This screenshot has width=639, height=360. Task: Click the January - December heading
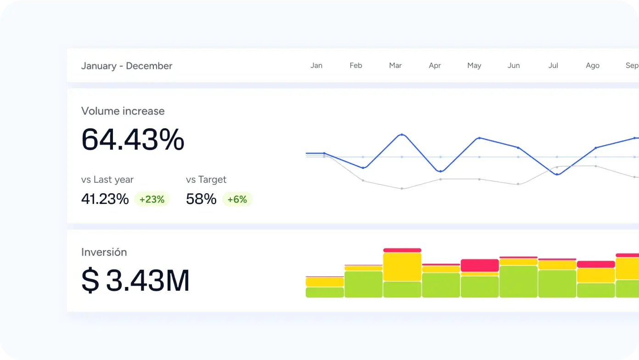click(x=127, y=66)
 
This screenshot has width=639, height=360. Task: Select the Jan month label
click(x=316, y=65)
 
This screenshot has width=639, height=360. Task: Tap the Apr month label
click(x=435, y=65)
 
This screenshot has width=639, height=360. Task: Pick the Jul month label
click(x=553, y=65)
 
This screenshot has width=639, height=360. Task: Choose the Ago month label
click(x=593, y=65)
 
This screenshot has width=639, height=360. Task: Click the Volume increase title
click(x=123, y=111)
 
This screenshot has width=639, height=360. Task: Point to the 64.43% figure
click(x=133, y=140)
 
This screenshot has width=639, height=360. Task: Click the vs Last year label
click(x=107, y=180)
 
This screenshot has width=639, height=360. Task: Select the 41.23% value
click(x=105, y=199)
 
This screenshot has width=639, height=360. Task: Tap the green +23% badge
click(x=152, y=199)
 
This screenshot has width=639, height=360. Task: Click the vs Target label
click(x=206, y=180)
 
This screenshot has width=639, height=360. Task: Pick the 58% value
click(x=201, y=199)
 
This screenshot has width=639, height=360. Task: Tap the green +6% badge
click(x=237, y=199)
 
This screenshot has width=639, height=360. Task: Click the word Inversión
click(x=104, y=252)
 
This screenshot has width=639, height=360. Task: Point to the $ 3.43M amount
click(x=135, y=281)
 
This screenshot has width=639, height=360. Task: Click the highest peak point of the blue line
click(x=402, y=135)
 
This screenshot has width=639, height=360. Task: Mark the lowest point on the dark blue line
click(x=557, y=174)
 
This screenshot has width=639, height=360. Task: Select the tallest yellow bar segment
click(x=402, y=267)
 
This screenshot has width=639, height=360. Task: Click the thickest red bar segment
click(x=480, y=265)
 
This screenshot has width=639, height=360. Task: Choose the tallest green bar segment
click(x=518, y=281)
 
